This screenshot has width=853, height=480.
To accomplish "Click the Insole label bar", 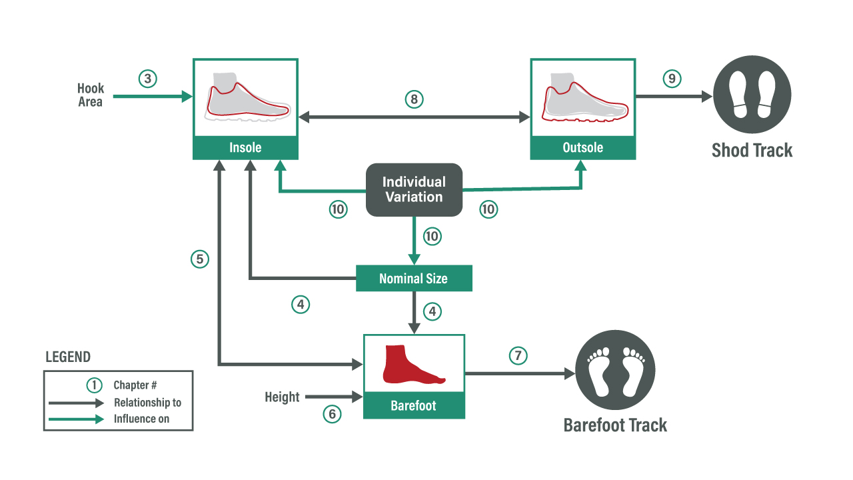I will (x=245, y=148).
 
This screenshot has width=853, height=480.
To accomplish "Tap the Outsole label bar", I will (x=582, y=148).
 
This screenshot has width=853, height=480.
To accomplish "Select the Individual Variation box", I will (x=414, y=189).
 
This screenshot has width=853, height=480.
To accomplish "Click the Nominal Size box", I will (x=414, y=279).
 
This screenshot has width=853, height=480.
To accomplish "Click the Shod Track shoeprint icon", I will (x=752, y=95).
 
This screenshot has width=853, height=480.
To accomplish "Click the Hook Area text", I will (x=91, y=95).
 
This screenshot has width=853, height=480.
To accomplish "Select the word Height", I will (x=282, y=397).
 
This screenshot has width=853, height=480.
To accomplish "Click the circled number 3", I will (x=148, y=79).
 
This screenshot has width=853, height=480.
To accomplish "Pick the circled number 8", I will (x=415, y=99).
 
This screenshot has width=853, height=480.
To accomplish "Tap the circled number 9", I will (x=672, y=79).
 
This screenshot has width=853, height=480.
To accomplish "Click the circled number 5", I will (x=200, y=259).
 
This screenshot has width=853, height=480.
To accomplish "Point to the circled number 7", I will (x=518, y=356).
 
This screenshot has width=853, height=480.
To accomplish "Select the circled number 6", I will (x=332, y=414).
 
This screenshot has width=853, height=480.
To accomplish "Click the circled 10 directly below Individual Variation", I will (x=432, y=236).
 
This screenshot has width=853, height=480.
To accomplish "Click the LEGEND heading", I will (x=68, y=357).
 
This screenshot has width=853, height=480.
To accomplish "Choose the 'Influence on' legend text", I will (x=141, y=419).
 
